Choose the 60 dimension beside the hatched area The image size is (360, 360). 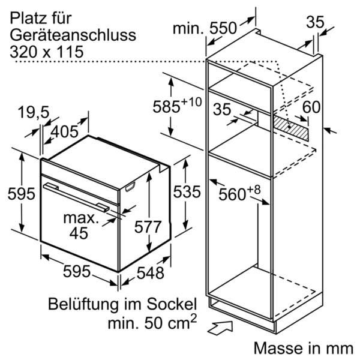point(311,107)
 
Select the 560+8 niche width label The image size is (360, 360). point(239,193)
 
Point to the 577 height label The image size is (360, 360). point(148,227)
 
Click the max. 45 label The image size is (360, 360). point(80,225)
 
